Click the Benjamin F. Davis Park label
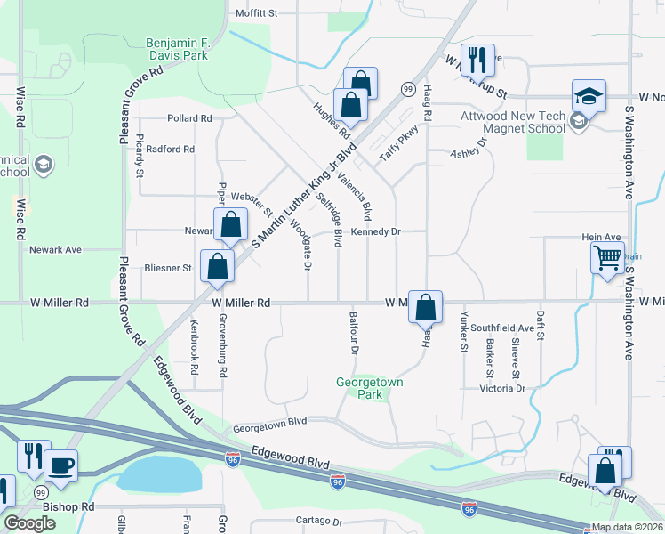tap(188, 49)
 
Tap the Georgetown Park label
tap(370, 388)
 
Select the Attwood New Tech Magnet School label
tap(512, 122)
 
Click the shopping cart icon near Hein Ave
tap(608, 258)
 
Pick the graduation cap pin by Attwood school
tap(589, 96)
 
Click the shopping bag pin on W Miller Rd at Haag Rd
tap(426, 307)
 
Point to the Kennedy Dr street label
tap(376, 231)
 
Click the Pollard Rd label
tap(189, 118)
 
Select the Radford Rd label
tap(171, 150)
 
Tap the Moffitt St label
tap(257, 13)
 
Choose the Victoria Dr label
tap(502, 389)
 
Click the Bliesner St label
tap(168, 268)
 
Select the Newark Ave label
tap(55, 250)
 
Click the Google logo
tap(29, 524)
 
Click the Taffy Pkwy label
tap(398, 142)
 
